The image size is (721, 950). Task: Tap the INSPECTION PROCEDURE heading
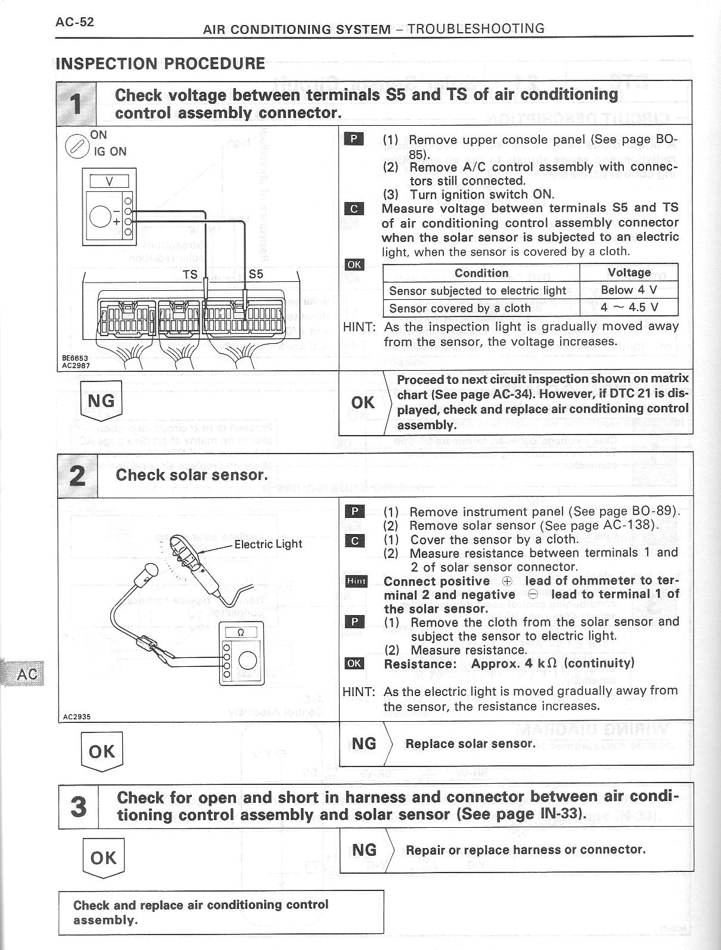pos(160,63)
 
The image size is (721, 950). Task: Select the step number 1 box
pos(76,103)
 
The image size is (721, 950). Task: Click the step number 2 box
pos(77,475)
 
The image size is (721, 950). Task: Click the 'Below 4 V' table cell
pos(629,290)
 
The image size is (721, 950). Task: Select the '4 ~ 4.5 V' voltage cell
pos(629,308)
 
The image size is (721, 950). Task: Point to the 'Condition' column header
pos(481,273)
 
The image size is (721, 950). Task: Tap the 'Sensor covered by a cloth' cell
pos(459,308)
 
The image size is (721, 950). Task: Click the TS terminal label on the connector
pos(190,275)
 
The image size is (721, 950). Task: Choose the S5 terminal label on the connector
pos(256,275)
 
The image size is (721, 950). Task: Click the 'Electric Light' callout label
pos(268,544)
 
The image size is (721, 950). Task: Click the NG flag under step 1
pos(101,401)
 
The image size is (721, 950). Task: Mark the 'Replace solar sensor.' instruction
pos(470,744)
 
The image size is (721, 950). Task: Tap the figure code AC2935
pos(76,717)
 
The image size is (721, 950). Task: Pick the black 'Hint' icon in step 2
pos(356,581)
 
